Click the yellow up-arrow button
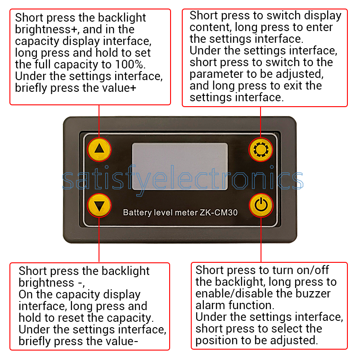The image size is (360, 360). click(99, 149)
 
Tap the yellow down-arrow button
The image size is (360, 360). click(99, 205)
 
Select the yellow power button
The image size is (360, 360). click(261, 205)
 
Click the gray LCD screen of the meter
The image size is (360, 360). click(180, 166)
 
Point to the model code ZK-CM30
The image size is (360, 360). click(218, 212)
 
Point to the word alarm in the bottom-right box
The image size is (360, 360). click(210, 305)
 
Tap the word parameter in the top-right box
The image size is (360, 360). click(216, 74)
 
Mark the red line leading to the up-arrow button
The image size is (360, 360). click(99, 121)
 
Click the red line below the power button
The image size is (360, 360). click(261, 240)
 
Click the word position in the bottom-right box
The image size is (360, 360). click(216, 341)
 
